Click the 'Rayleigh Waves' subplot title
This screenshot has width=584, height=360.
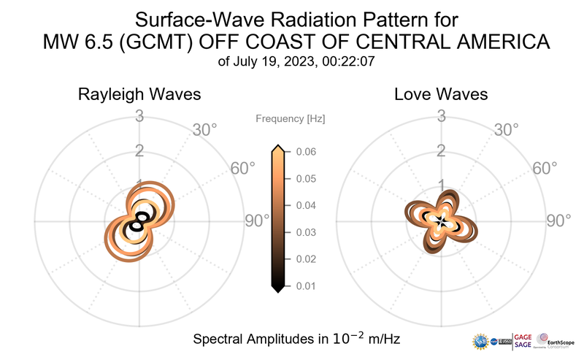(x=140, y=95)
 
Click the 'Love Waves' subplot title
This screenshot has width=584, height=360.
(x=441, y=95)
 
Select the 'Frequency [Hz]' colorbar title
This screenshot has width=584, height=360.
(x=290, y=118)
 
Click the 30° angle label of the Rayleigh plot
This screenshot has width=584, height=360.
(x=205, y=130)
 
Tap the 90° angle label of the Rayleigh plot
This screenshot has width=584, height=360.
(x=257, y=221)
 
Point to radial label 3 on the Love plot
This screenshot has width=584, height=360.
(x=441, y=115)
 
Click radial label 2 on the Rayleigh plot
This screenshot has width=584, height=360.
(x=139, y=151)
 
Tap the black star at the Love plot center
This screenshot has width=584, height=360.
(x=441, y=220)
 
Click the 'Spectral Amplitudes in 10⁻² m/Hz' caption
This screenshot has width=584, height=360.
(x=296, y=340)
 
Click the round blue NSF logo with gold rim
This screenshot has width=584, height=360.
(x=481, y=341)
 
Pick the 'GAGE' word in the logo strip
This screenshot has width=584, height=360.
(x=523, y=337)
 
